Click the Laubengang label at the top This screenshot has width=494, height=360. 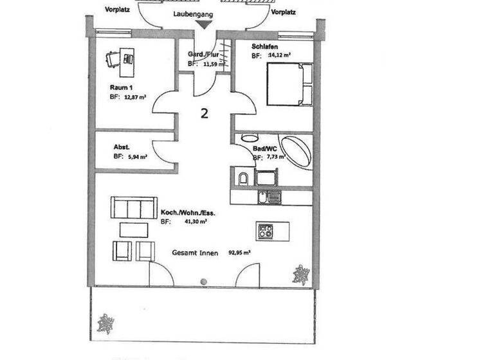point(193,13)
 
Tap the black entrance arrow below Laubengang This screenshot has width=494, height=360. point(204,25)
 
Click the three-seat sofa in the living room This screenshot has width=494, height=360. point(134,208)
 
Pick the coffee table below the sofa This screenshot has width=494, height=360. point(133,230)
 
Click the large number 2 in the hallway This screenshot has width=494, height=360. point(204,114)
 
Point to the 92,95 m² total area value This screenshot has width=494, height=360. point(239,253)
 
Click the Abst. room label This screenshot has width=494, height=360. point(122,147)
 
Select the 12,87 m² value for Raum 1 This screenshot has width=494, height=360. point(136,96)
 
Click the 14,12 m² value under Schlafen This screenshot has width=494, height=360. point(279,56)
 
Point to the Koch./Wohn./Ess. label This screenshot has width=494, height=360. point(183,212)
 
